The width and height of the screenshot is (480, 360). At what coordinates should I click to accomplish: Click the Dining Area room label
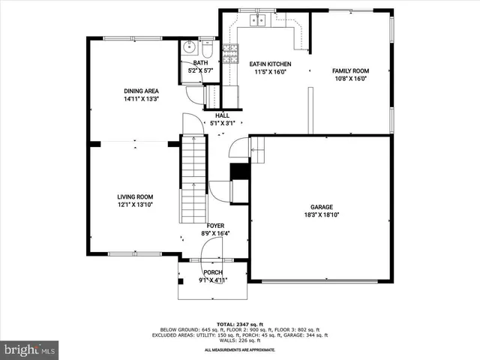pos(141,91)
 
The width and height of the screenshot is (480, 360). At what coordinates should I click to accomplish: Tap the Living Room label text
pos(135,196)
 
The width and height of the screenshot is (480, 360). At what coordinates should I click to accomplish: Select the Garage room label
pos(322,207)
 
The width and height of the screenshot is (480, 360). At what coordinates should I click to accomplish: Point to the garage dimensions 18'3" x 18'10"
pos(322,214)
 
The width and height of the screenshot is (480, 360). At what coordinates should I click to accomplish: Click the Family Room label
pos(351,70)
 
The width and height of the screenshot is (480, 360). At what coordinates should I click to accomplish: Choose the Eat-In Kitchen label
pos(271,64)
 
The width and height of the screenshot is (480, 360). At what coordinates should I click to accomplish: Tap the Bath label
pos(200,63)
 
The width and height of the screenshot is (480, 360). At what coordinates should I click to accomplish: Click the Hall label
pos(222,115)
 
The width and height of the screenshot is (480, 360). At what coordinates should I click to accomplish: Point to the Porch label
pos(213,272)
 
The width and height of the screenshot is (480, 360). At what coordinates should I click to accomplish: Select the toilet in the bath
pos(208,49)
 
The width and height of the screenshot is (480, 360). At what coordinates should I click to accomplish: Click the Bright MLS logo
pos(30,349)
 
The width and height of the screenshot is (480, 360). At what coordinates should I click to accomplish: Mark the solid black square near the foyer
pos(239,171)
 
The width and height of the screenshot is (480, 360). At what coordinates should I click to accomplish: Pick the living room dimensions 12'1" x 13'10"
pos(135,204)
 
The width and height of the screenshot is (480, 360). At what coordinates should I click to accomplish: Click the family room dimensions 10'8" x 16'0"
pos(351,78)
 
